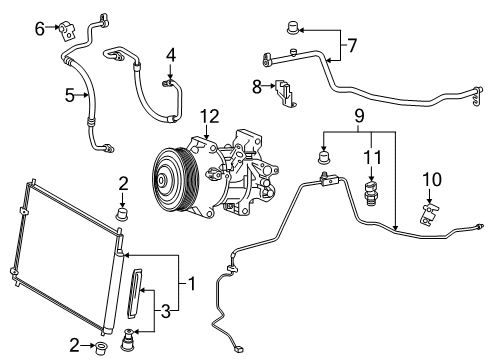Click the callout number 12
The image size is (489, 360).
click(208, 117)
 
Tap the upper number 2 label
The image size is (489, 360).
click(123, 182)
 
